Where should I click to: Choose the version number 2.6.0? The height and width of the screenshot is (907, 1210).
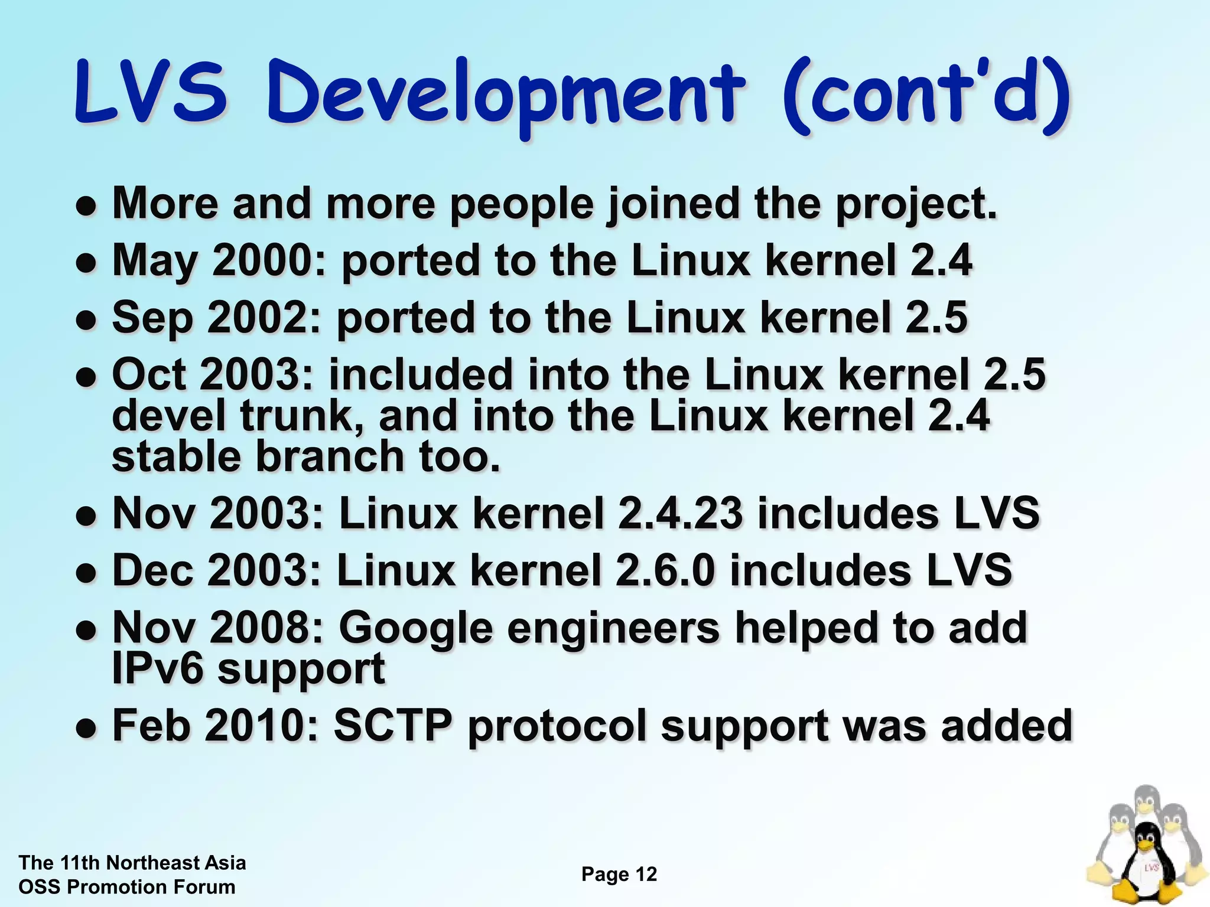point(665,570)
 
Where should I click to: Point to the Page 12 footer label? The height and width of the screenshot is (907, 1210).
point(619,874)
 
